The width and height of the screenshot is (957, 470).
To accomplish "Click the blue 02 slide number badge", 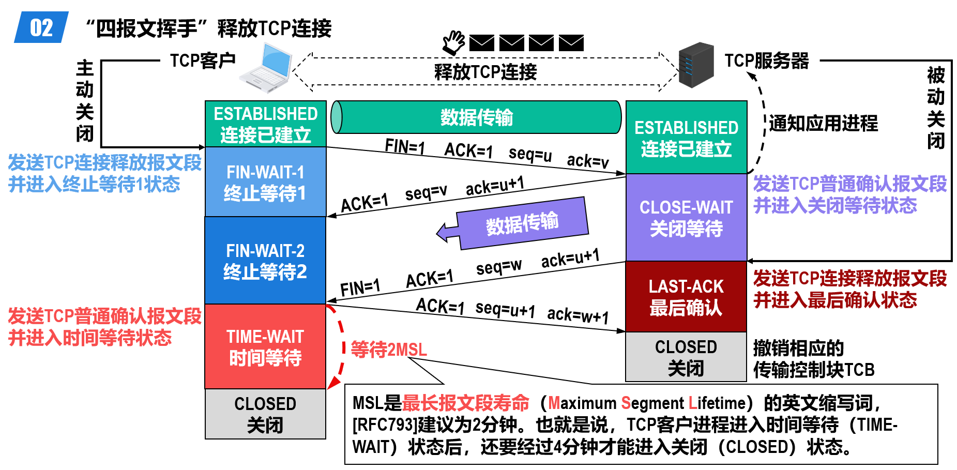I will [x=41, y=27].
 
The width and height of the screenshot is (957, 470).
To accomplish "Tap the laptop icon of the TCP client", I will [x=265, y=68].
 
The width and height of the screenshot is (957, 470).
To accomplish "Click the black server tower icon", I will [x=695, y=65].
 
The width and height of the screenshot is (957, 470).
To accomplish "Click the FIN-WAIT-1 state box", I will [x=265, y=182].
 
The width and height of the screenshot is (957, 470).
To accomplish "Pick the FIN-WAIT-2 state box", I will [x=265, y=261].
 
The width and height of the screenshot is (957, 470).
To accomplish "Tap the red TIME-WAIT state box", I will [x=265, y=346].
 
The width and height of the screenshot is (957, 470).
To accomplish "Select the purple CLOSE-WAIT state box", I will [x=686, y=217].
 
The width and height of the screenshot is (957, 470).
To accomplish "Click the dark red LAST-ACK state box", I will [x=686, y=297].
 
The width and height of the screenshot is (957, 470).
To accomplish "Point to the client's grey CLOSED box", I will [x=265, y=414].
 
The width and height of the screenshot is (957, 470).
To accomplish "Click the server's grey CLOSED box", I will [x=686, y=357].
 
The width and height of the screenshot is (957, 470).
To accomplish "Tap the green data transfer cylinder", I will [x=476, y=117].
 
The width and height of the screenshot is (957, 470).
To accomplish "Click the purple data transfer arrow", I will [x=517, y=224].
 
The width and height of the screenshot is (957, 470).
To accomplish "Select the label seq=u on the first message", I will [x=530, y=154].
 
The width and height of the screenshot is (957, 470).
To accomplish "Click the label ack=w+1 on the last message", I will [x=578, y=314].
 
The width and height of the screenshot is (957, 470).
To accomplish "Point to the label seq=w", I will [x=498, y=267].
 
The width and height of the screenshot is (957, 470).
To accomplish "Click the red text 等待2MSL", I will [x=389, y=350].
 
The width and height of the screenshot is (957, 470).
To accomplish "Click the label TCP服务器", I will [x=766, y=61].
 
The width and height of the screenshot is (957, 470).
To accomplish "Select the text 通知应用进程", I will [x=823, y=124].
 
